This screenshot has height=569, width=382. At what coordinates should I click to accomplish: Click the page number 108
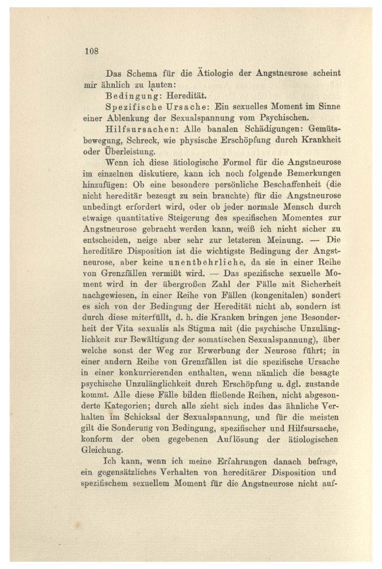(91, 50)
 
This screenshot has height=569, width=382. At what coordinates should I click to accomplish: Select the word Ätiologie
(211, 74)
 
